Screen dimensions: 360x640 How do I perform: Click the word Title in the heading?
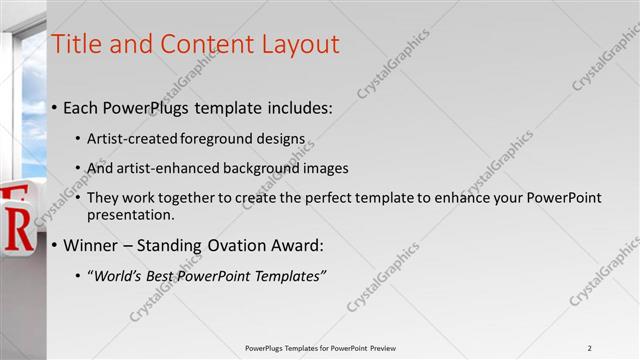[76, 44]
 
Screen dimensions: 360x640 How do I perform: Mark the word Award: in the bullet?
[297, 245]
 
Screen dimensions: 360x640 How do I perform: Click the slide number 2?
[589, 347]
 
